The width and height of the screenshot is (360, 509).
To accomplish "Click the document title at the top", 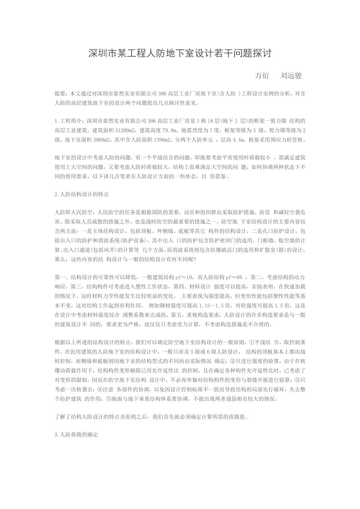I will coord(180,53).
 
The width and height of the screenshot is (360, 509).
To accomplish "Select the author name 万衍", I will coord(262,75).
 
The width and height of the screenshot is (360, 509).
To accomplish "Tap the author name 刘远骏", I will coord(291,75).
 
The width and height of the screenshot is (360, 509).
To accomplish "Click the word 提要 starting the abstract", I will coord(60,93).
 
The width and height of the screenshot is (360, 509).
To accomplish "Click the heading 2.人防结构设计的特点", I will coord(82,195).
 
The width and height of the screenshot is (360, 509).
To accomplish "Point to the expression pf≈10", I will coord(185,277).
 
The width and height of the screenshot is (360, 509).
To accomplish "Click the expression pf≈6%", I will coord(234,277).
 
